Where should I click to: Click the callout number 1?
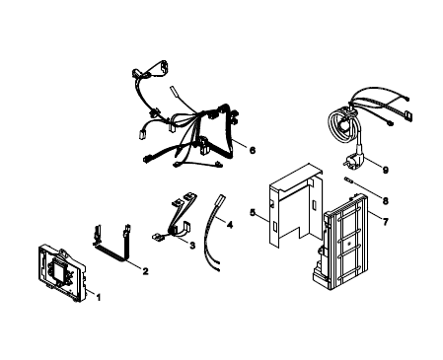coord(98,298)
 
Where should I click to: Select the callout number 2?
coord(145,271)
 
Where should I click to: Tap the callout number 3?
coord(192,246)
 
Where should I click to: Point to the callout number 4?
coord(230,225)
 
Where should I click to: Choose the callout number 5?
coord(253,212)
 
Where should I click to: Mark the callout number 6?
coord(253,150)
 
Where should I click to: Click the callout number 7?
coord(386,222)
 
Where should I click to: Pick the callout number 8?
coord(386,200)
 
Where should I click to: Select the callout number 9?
coord(386,170)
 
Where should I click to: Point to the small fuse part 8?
coord(348,180)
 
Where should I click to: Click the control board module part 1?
coord(62,273)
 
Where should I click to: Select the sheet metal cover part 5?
coord(295,204)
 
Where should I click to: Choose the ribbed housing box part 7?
coord(339,243)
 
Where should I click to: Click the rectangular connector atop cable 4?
coord(219,200)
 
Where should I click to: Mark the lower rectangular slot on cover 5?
coord(274,226)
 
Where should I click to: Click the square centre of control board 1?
coord(59,271)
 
